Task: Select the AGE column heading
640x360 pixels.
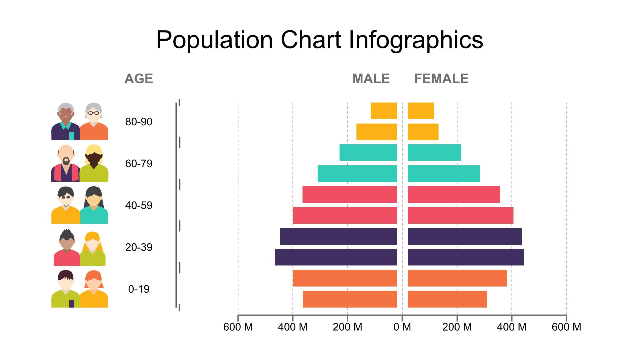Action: [x=139, y=79]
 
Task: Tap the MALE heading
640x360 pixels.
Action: [x=371, y=79]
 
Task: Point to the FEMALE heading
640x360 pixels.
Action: [x=441, y=79]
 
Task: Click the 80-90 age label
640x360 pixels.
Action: [x=139, y=122]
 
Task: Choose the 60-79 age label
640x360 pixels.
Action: [x=139, y=164]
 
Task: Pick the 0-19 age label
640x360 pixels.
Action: [x=139, y=289]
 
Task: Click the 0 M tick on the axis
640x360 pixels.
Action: [x=402, y=327]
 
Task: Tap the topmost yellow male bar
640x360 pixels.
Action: [x=384, y=111]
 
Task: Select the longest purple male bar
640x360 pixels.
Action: [x=336, y=257]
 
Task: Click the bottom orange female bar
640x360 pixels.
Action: [x=447, y=299]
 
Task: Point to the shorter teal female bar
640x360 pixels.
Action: [x=434, y=153]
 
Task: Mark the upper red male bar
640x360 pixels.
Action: [x=350, y=194]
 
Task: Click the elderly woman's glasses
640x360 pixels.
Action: [x=94, y=113]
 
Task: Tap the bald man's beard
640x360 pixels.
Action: [x=66, y=161]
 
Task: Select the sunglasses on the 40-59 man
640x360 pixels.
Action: [x=66, y=197]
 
